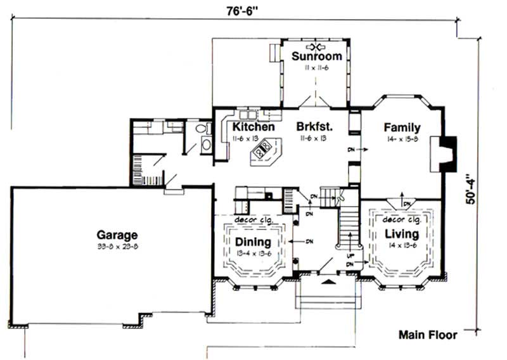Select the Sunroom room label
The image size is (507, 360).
coord(316,56)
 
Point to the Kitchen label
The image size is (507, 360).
coord(253,127)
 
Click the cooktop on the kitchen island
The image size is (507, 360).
coord(261,151)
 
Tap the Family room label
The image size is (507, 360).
coord(402,127)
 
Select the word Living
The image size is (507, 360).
coord(401,235)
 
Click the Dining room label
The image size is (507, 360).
coord(253,242)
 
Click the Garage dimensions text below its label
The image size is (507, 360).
coord(117,246)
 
